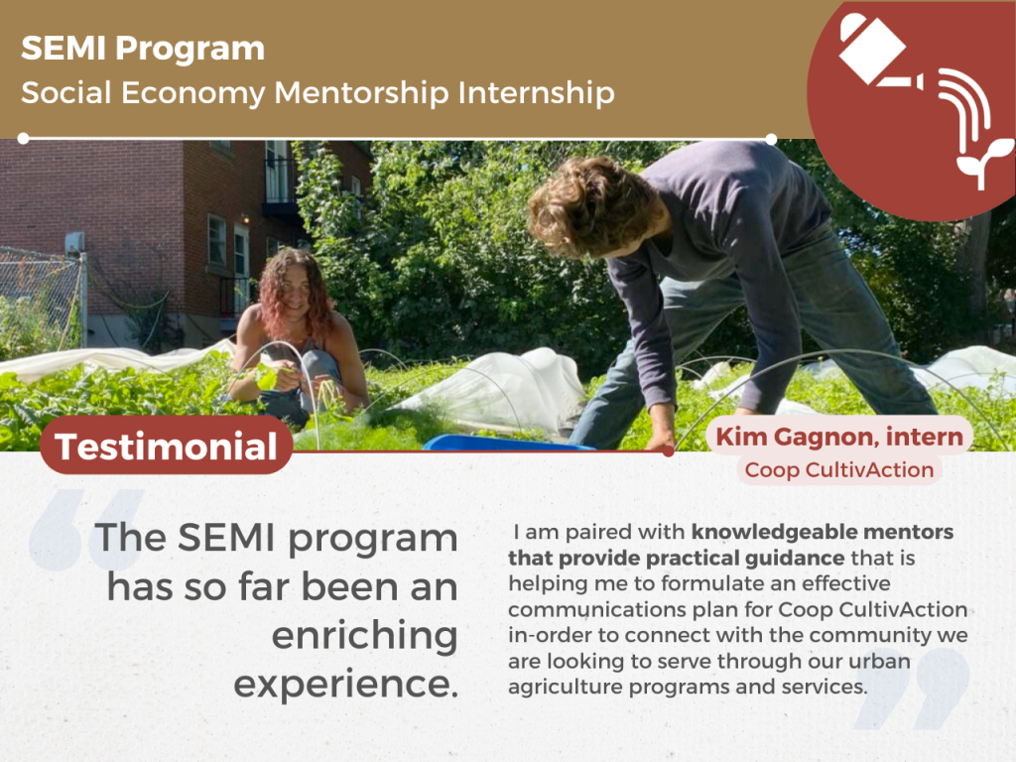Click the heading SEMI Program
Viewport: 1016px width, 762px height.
pos(143,50)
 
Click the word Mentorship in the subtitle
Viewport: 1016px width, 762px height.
pos(361,92)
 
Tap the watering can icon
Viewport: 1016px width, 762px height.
pos(880,52)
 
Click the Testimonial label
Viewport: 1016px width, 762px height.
pos(166,446)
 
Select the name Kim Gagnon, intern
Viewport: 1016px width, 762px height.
pos(839,437)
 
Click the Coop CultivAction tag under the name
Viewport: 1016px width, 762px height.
pos(839,469)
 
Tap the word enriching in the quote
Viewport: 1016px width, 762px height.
pos(365,636)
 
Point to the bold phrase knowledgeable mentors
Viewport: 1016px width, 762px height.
pos(823,532)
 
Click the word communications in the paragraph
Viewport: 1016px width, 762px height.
pos(596,610)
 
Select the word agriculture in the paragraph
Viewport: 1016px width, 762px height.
pos(565,687)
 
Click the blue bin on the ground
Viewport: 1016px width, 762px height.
pos(505,444)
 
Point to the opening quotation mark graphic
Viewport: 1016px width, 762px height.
pos(86,530)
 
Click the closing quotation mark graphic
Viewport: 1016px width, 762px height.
pos(913,689)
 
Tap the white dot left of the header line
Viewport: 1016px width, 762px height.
pos(24,139)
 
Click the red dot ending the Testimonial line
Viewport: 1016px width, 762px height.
pos(669,451)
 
